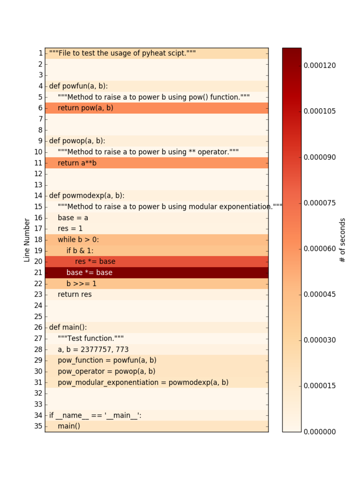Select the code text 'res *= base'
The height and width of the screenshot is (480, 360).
(95, 262)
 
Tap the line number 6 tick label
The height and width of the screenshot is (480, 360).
(40, 108)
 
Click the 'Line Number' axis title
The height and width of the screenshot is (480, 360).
(27, 240)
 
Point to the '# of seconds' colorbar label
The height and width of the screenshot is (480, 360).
(343, 240)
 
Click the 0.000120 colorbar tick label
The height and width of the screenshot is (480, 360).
(319, 66)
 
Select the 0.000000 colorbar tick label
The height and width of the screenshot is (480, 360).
(319, 432)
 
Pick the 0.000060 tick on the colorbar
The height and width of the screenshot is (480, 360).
(319, 248)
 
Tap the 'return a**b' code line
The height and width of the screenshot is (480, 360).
(77, 163)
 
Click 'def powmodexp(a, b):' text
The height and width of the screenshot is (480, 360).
(87, 195)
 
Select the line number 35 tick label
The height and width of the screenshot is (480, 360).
(38, 426)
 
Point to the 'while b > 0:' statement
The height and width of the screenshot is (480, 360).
(78, 240)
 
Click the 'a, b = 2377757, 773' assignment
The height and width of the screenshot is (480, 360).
(93, 350)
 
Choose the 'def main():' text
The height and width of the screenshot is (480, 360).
(68, 327)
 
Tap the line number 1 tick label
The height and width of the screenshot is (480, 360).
(40, 53)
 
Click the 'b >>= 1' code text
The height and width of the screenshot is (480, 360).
(81, 284)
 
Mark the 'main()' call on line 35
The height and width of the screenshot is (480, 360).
(69, 426)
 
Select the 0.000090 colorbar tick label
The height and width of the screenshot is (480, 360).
(319, 157)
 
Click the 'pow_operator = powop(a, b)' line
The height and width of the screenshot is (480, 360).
(106, 371)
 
